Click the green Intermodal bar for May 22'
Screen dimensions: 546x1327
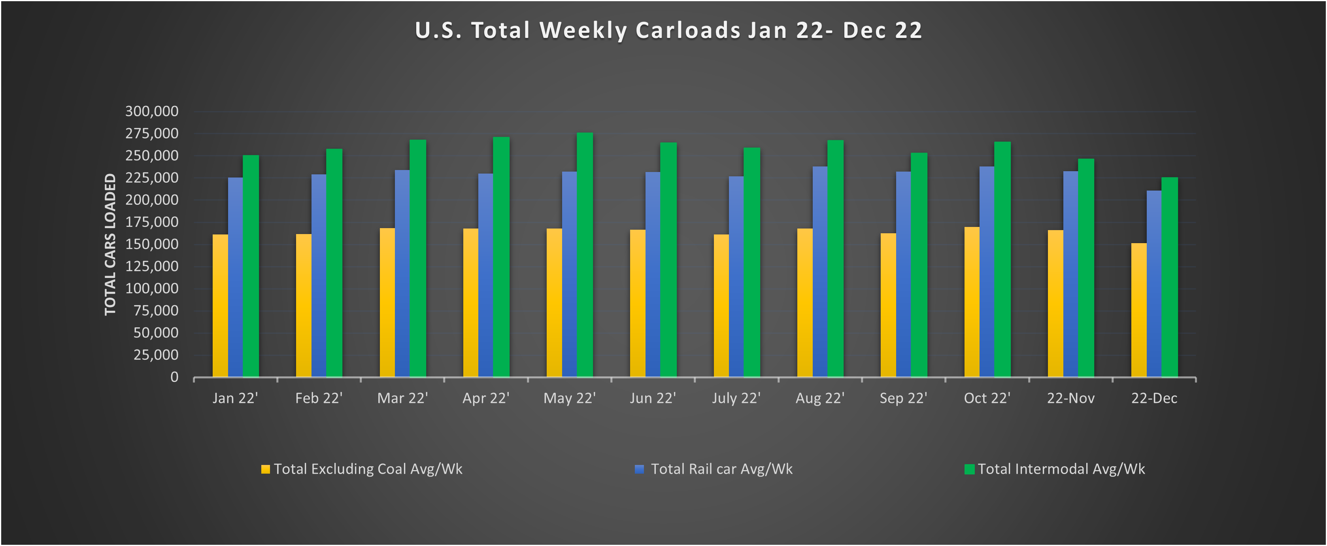[585, 255]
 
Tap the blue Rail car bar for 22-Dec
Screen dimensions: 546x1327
[1153, 284]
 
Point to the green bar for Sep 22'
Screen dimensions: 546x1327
[919, 265]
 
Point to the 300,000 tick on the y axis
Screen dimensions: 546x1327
[151, 111]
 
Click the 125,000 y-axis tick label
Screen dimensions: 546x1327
[151, 266]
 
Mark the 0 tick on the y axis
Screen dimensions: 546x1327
[174, 377]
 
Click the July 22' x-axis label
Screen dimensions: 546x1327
[736, 398]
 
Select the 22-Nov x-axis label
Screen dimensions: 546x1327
[1070, 398]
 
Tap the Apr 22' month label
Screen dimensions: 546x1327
[485, 398]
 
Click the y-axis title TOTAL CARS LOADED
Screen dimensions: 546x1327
[110, 244]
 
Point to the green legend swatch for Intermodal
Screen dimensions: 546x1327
[969, 469]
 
